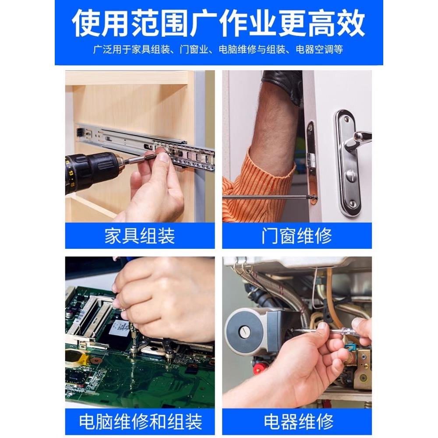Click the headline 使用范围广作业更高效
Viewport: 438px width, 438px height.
219,23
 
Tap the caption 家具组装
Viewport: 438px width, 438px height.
140,236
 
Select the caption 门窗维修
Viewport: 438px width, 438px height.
297,236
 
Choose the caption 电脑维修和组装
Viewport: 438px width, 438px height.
140,422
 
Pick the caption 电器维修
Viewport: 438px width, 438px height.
297,422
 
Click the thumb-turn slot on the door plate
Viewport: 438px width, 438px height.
350,175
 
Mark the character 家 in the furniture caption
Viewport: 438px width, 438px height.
113,236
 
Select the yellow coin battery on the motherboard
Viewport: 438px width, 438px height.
75,357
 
